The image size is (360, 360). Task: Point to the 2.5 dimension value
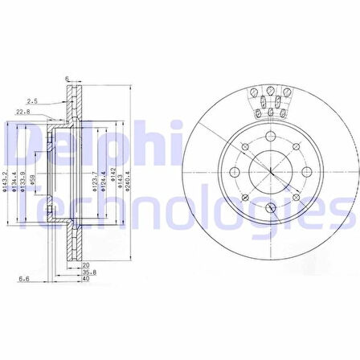tap(32, 101)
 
